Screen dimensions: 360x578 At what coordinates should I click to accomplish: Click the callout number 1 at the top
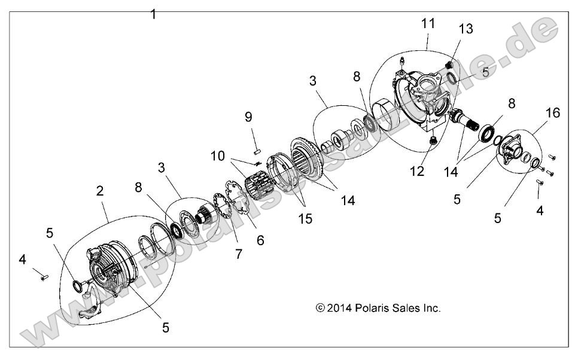coord(154,14)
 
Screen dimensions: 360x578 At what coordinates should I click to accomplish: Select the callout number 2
coord(100,191)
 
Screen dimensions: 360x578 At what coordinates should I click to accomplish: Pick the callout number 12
coord(416,172)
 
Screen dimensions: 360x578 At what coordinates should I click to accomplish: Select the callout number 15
coord(305,219)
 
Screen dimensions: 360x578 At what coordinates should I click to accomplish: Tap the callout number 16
coord(553,113)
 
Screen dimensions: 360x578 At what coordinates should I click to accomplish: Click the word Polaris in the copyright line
coord(369,309)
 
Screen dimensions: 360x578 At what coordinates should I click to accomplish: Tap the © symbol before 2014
coord(320,309)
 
